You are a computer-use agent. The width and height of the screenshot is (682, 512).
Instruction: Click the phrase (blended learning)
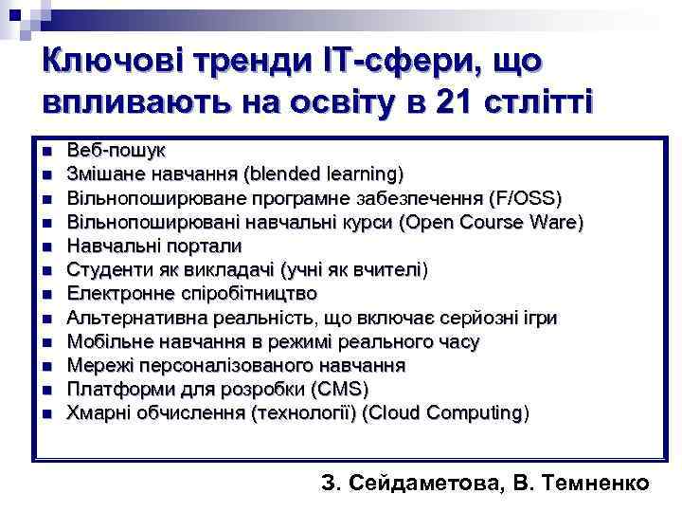323,174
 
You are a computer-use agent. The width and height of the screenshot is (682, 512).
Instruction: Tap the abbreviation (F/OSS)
525,198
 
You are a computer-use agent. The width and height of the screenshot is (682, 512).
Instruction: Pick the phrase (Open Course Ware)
492,223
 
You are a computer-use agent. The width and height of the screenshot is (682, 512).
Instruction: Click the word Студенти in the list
105,270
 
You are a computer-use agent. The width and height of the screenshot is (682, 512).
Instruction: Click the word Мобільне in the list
105,341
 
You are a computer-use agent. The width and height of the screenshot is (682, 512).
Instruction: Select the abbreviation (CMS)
339,390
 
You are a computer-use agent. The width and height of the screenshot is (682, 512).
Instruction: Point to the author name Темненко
598,483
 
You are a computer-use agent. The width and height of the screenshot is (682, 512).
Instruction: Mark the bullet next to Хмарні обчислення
45,414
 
